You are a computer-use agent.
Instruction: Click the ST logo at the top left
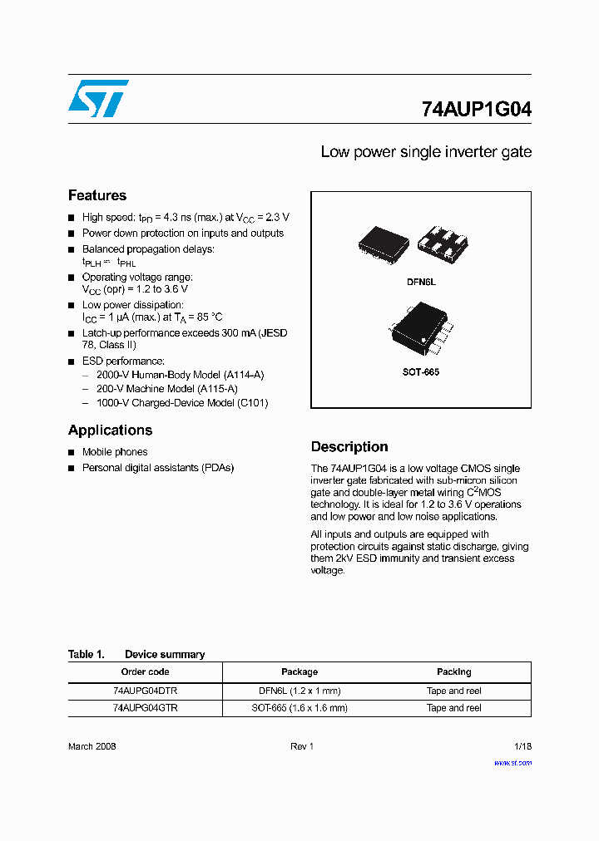coord(98,99)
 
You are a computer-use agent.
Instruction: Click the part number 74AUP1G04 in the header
coord(476,109)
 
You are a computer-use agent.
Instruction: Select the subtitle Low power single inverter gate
coord(426,152)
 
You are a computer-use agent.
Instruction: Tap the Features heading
coord(97,195)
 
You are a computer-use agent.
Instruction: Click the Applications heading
coord(110,430)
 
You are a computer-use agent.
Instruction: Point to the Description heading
coord(349,446)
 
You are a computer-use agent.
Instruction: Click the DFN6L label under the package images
coord(421,283)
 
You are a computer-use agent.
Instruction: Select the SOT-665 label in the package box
coord(421,371)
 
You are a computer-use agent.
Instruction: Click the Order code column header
coord(145,671)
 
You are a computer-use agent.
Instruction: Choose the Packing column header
coord(453,671)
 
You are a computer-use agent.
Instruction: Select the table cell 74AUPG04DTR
coord(145,691)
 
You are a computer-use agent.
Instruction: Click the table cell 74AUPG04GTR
coord(145,708)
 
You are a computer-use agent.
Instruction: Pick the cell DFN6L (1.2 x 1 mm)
coord(299,691)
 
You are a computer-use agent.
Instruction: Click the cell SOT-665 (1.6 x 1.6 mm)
coord(299,708)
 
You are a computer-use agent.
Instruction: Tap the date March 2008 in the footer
coord(92,746)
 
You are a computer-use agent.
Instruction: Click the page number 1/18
coord(522,746)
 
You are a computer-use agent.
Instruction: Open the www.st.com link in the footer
coord(512,762)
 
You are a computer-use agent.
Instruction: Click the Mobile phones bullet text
coord(115,452)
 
